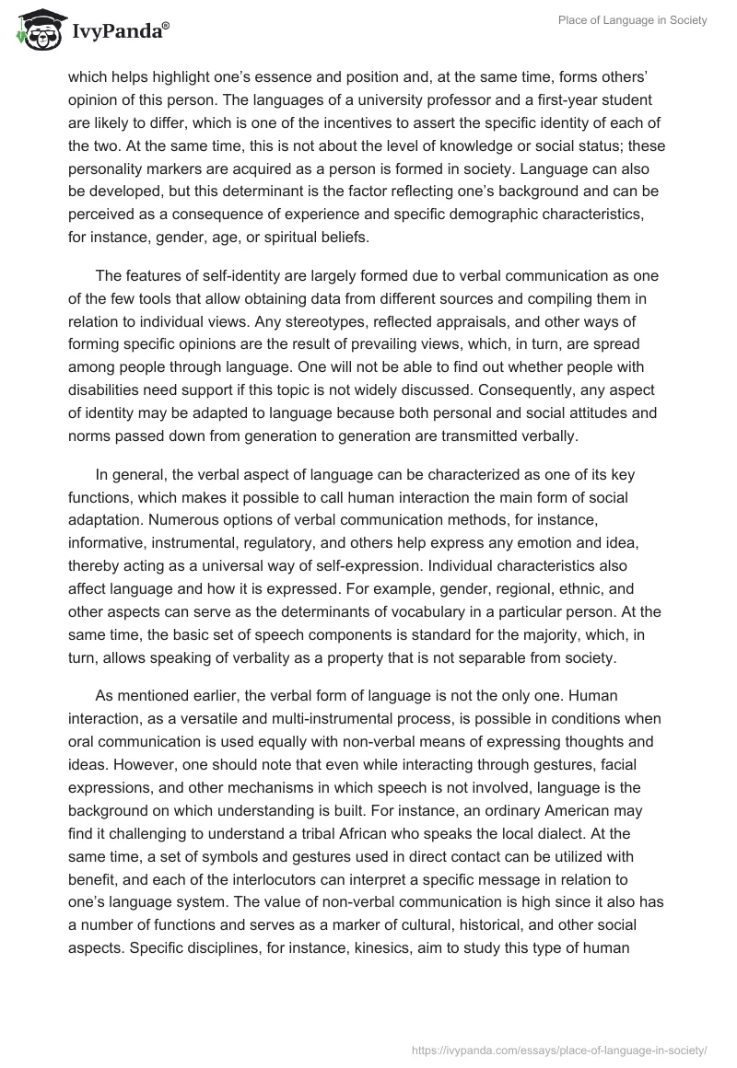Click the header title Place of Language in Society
tap(631, 21)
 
